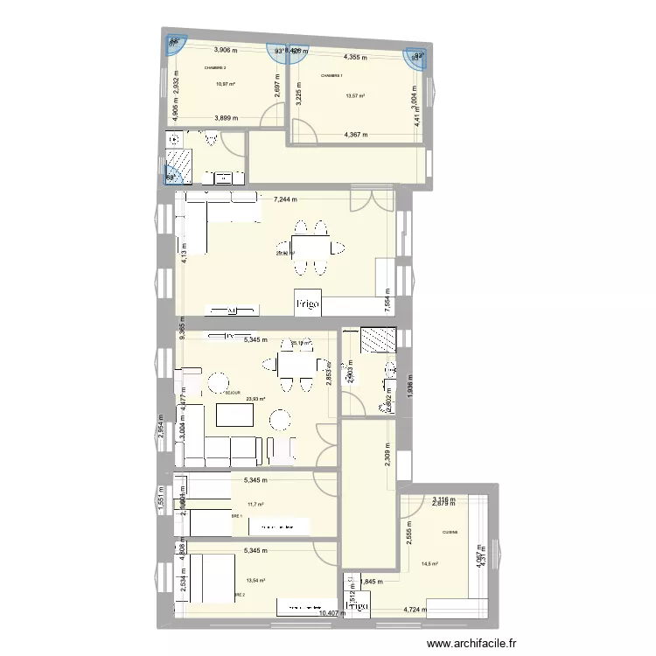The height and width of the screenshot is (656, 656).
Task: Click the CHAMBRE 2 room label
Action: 215,67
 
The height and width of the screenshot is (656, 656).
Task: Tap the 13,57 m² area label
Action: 355,96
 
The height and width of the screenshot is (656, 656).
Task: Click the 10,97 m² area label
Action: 226,84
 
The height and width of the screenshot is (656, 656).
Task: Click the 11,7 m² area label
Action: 255,504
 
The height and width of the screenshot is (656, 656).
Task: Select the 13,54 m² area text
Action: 255,580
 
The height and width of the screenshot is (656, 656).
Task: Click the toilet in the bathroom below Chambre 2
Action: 211,138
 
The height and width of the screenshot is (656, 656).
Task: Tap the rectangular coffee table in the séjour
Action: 235,416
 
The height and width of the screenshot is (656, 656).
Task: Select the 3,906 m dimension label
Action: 226,50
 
